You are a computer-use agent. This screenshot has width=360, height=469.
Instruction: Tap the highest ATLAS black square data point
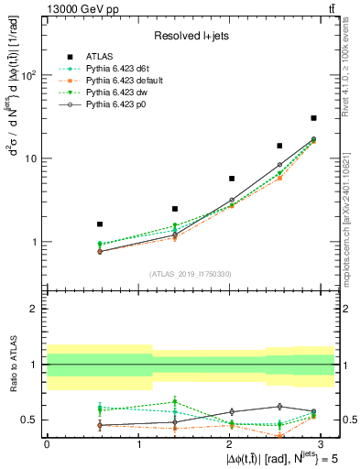point(313,118)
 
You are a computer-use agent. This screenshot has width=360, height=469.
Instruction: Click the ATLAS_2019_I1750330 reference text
point(190,274)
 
